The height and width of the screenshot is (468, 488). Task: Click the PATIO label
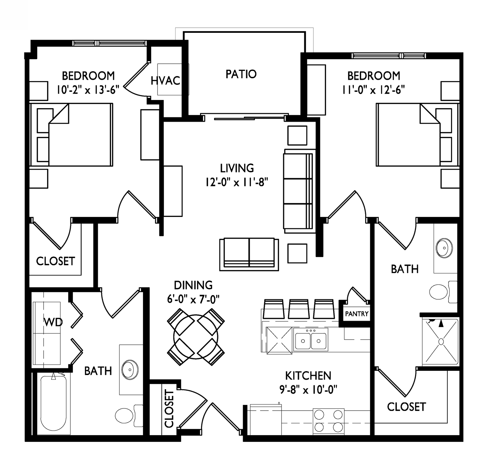point(241,74)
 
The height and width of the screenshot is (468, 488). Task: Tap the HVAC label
point(165,81)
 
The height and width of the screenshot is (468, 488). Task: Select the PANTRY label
point(357,314)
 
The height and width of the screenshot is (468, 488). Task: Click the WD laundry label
point(53,322)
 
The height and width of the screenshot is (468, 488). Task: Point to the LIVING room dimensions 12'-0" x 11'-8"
point(237,182)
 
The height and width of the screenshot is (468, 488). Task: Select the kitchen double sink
point(311,339)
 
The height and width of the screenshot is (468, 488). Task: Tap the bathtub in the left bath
point(54,403)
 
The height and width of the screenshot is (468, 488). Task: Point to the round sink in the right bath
point(444,248)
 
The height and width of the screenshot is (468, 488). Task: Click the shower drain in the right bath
point(441,341)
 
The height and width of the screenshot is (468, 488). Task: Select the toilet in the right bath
point(443,292)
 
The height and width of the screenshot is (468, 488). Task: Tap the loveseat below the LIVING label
point(249,254)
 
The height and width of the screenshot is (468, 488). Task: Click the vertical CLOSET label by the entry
point(169,408)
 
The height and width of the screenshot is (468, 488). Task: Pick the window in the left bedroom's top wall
point(109,43)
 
